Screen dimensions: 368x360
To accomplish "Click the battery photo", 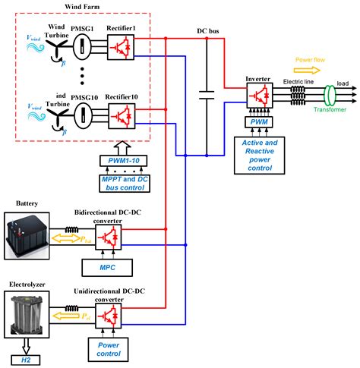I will (27, 238).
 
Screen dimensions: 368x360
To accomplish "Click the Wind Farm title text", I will (68, 7).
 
